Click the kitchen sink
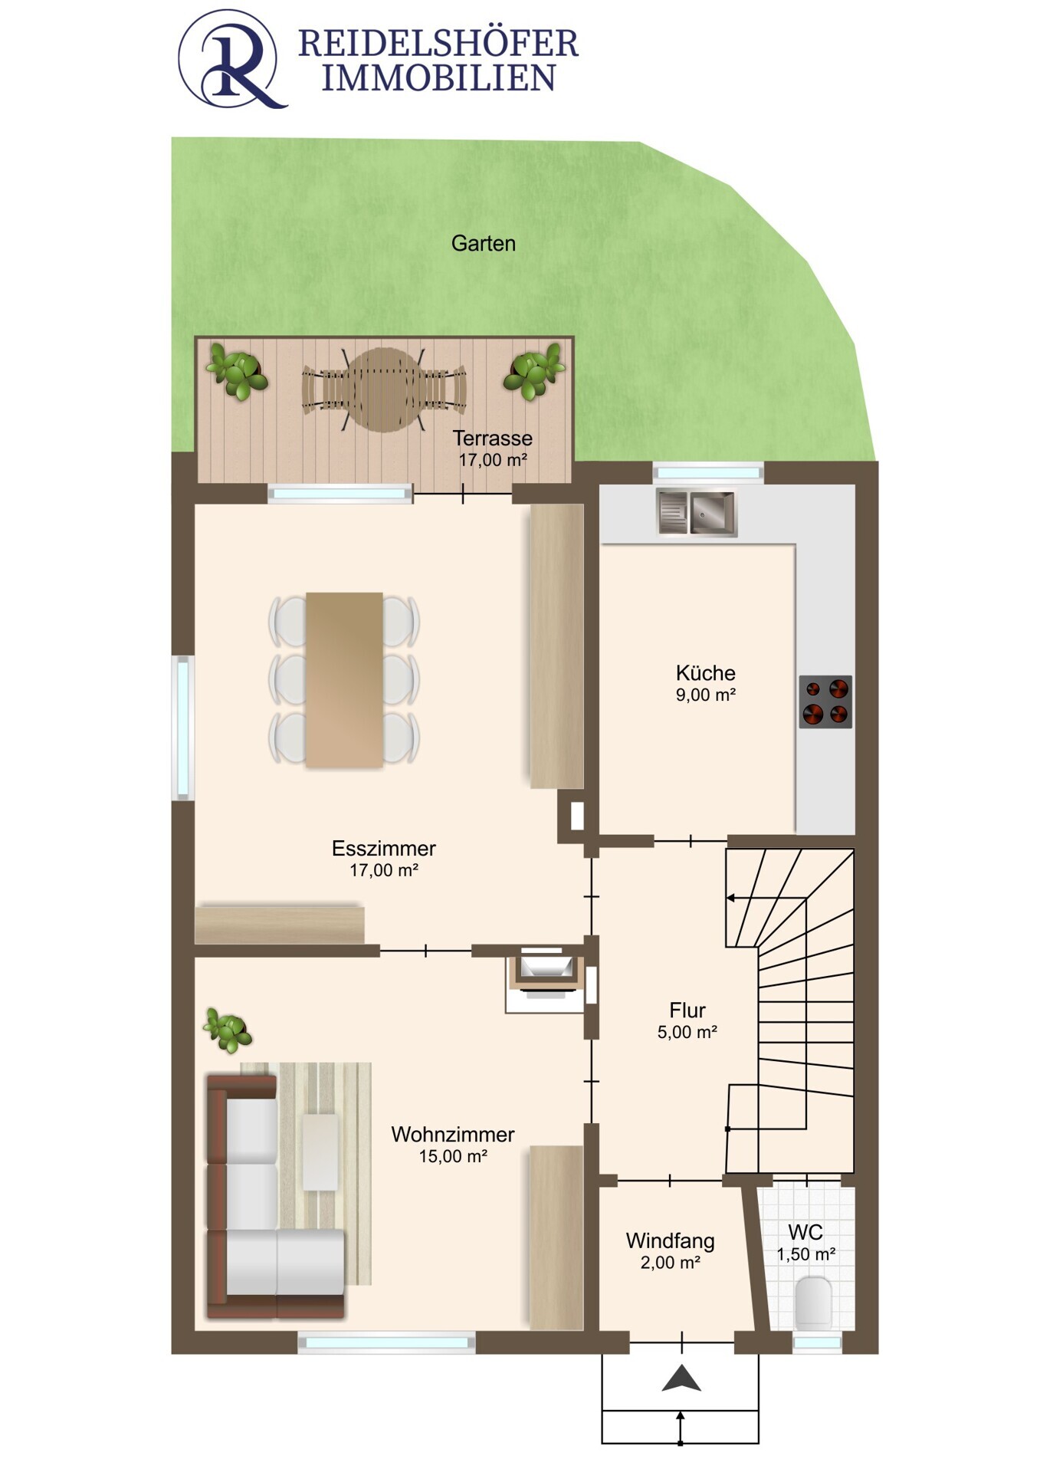pos(697,512)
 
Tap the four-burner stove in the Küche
pos(825,701)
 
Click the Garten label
pos(483,243)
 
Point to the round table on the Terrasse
pos(383,389)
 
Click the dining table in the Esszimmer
pos(344,679)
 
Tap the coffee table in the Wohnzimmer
pos(320,1152)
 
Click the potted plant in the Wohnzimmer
pos(228,1030)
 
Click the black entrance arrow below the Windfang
pos(681,1378)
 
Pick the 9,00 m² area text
pos(706,695)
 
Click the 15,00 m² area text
pos(453,1156)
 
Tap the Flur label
pos(687,1010)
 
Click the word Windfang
pos(670,1240)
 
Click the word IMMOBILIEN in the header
pos(438,78)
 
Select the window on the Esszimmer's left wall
pos(183,728)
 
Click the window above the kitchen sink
pos(708,472)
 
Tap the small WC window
pos(817,1342)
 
